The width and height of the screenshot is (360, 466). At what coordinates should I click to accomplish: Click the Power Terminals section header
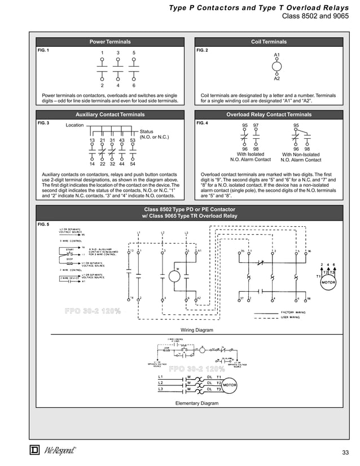pyautogui.click(x=110, y=42)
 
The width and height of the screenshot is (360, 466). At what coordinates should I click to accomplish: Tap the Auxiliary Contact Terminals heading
pyautogui.click(x=110, y=115)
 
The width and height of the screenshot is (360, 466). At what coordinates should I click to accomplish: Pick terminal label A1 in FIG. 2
pyautogui.click(x=276, y=55)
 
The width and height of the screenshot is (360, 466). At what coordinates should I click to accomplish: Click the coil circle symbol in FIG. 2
pyautogui.click(x=276, y=67)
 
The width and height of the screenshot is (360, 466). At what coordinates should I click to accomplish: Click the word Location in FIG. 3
pyautogui.click(x=74, y=125)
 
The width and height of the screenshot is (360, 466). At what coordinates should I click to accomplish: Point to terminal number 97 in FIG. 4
pyautogui.click(x=256, y=125)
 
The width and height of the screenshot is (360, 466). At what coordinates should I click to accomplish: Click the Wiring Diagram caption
pyautogui.click(x=196, y=329)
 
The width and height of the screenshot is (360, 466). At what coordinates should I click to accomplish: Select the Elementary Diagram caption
pyautogui.click(x=196, y=403)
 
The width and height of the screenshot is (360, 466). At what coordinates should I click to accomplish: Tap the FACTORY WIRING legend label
pyautogui.click(x=295, y=311)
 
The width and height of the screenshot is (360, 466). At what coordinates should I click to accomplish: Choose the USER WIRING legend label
pyautogui.click(x=293, y=317)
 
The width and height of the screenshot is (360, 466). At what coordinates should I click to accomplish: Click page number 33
pyautogui.click(x=346, y=453)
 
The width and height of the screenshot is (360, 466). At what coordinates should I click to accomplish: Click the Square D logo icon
pyautogui.click(x=34, y=451)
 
